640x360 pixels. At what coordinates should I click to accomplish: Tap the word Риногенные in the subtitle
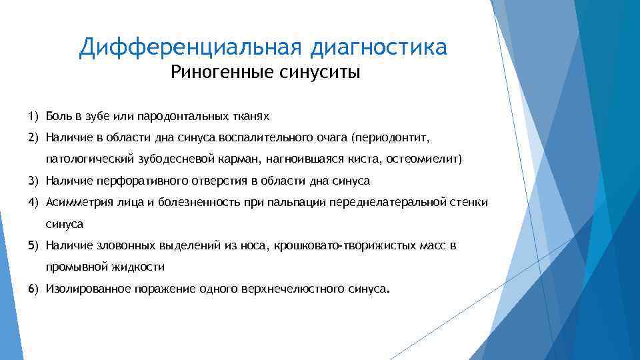pyautogui.click(x=217, y=72)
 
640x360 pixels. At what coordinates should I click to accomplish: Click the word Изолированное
pyautogui.click(x=85, y=289)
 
